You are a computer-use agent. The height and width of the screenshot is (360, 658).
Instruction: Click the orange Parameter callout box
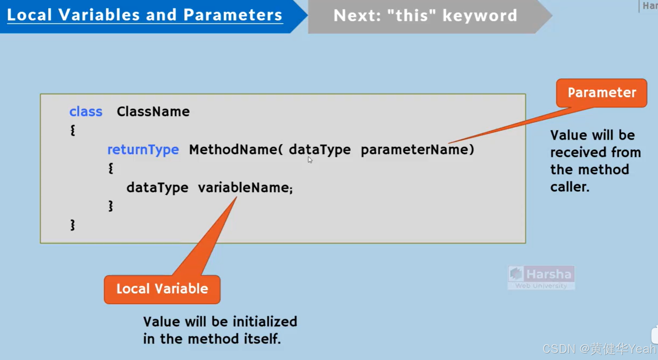pyautogui.click(x=601, y=93)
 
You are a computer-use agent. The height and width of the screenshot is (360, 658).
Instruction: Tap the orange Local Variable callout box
pyautogui.click(x=162, y=289)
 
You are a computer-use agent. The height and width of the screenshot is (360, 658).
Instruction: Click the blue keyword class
pyautogui.click(x=86, y=112)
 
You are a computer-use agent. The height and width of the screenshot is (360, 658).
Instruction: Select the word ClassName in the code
pyautogui.click(x=153, y=112)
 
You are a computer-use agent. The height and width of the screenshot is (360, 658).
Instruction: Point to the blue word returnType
pyautogui.click(x=143, y=150)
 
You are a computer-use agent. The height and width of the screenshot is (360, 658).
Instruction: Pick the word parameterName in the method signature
pyautogui.click(x=415, y=150)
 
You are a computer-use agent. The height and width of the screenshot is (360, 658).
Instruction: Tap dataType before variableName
pyautogui.click(x=157, y=188)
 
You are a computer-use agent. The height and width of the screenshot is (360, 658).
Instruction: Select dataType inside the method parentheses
pyautogui.click(x=319, y=150)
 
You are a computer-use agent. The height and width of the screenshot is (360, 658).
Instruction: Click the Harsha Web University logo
pyautogui.click(x=541, y=277)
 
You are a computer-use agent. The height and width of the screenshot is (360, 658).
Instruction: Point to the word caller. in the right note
pyautogui.click(x=570, y=187)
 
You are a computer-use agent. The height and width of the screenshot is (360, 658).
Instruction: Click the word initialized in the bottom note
pyautogui.click(x=265, y=322)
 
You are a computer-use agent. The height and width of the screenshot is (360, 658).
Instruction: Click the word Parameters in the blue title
pyautogui.click(x=233, y=15)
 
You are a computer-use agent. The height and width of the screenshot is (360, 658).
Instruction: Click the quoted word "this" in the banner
pyautogui.click(x=411, y=16)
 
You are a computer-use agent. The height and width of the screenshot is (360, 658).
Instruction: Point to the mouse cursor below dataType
pyautogui.click(x=310, y=160)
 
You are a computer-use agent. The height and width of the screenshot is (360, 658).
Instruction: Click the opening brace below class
pyautogui.click(x=73, y=130)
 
